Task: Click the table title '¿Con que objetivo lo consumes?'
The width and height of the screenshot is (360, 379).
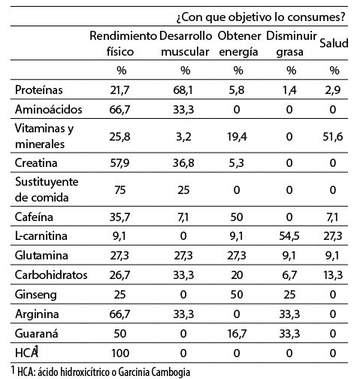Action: (x=261, y=17)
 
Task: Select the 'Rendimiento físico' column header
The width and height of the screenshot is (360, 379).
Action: (x=123, y=44)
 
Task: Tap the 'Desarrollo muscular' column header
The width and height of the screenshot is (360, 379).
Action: (x=186, y=44)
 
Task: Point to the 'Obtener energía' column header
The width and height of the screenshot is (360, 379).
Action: (x=239, y=44)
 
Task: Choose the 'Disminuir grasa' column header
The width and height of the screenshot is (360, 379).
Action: (x=292, y=44)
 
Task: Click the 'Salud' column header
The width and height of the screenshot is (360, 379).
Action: (x=334, y=43)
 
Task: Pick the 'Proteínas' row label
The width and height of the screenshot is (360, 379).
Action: (x=39, y=89)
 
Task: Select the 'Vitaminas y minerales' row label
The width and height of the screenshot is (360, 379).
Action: (x=44, y=136)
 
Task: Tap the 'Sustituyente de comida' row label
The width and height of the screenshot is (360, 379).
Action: (x=47, y=189)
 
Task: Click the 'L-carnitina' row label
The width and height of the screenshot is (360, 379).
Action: (x=41, y=236)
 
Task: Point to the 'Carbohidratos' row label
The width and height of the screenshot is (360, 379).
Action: (x=51, y=274)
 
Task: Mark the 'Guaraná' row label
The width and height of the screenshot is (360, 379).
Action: (x=37, y=334)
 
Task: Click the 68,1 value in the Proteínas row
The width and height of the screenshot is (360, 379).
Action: (x=183, y=90)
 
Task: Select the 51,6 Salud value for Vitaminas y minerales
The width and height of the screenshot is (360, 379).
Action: (x=333, y=137)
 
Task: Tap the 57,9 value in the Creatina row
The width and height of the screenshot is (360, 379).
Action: (x=119, y=163)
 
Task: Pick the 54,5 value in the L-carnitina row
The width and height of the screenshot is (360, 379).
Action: (x=289, y=236)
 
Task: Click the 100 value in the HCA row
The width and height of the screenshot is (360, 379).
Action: (x=120, y=353)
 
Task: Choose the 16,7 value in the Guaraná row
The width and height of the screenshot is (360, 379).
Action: (x=237, y=334)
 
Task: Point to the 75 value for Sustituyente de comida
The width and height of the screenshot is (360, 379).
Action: (x=120, y=190)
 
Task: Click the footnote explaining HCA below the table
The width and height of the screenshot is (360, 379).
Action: (x=101, y=371)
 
